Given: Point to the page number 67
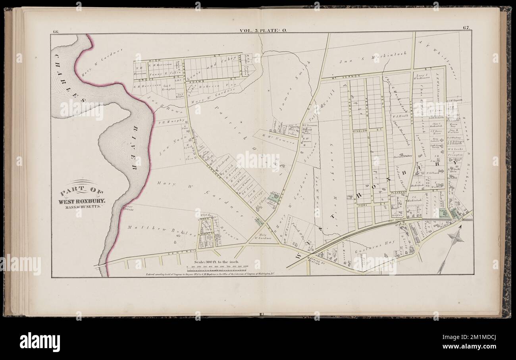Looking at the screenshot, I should tap(466, 27).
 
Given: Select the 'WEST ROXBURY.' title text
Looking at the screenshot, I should tap(82, 201).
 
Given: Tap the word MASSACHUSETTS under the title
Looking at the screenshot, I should tap(82, 207).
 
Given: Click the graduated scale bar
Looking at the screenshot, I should tap(218, 268).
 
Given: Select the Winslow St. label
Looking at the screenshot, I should tap(360, 130).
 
